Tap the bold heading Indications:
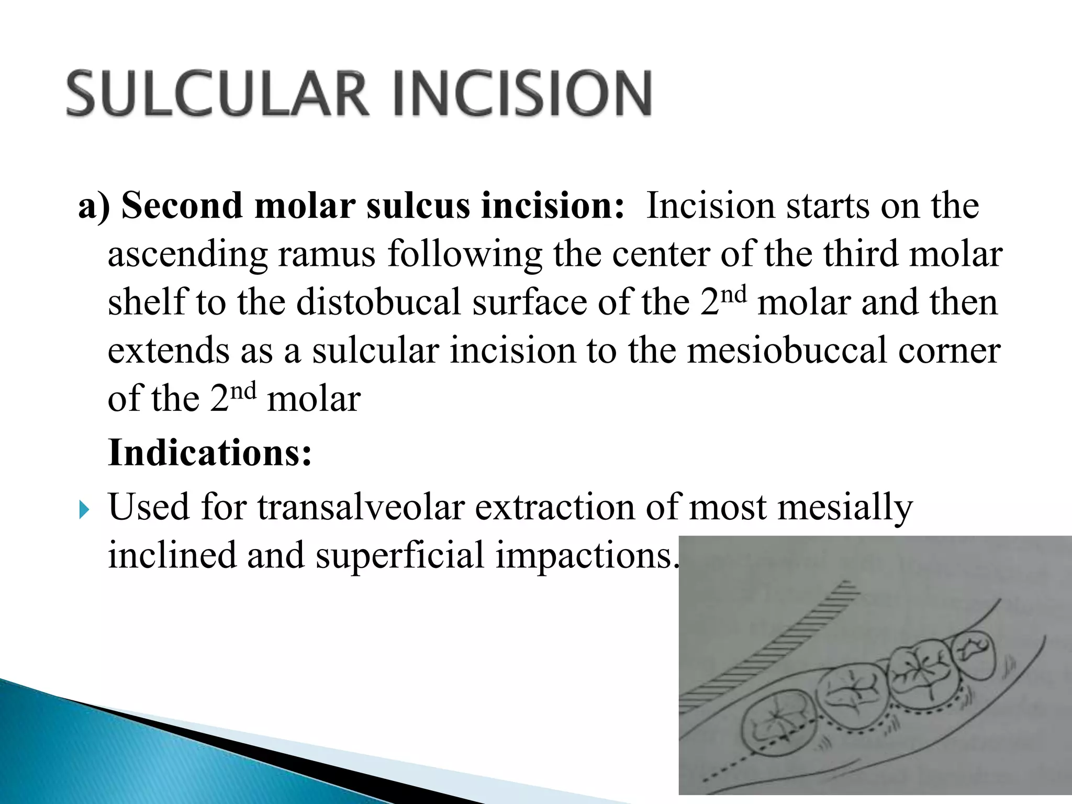click(x=210, y=452)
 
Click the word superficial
click(x=400, y=555)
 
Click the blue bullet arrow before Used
click(x=84, y=508)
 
